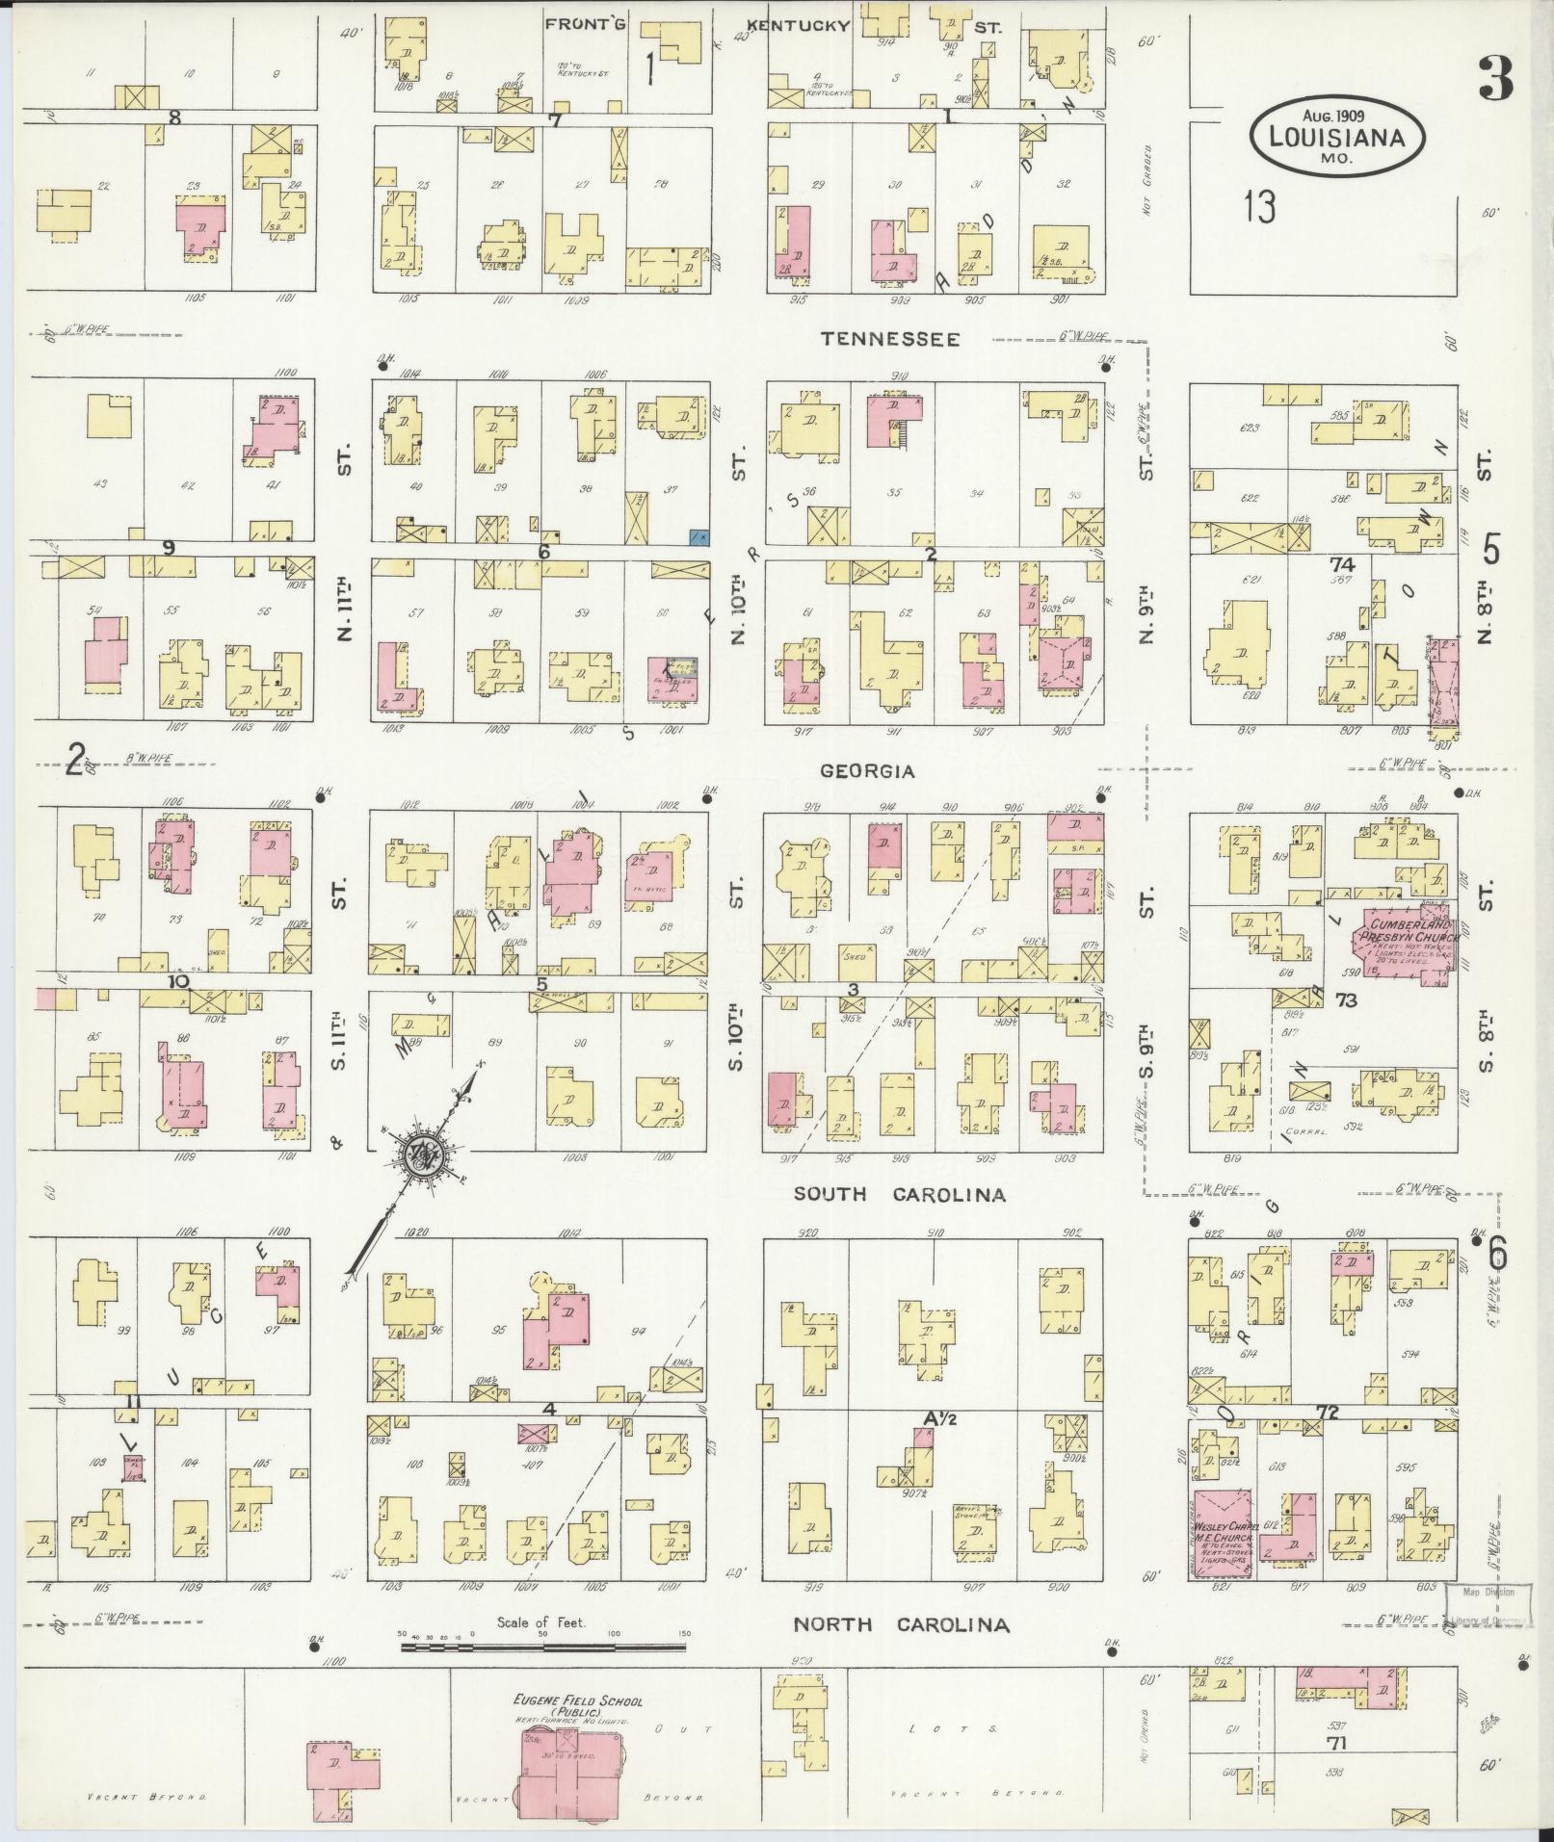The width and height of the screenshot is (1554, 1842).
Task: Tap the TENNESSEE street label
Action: (889, 339)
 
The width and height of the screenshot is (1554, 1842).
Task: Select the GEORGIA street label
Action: (866, 771)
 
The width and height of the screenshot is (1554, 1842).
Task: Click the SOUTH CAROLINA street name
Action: (899, 1195)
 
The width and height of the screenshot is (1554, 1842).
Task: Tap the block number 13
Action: (1259, 206)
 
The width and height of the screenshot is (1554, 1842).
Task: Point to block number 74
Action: (1341, 564)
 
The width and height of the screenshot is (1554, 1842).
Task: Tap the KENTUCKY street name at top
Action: (800, 26)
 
